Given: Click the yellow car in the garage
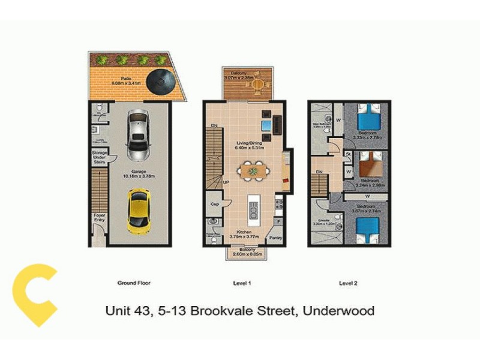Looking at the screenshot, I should click(139, 211).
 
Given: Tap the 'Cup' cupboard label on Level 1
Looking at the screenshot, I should click(214, 203).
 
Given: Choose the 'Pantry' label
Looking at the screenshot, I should click(275, 238).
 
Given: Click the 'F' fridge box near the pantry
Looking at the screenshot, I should click(278, 221).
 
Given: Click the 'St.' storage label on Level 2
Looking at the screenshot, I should click(348, 154).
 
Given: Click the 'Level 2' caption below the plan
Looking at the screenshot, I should click(348, 283).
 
